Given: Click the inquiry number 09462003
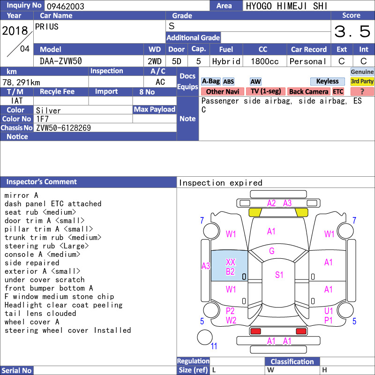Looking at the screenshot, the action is pyautogui.click(x=65, y=6).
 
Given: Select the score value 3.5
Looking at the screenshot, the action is pyautogui.click(x=352, y=31).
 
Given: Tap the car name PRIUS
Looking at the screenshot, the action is pyautogui.click(x=46, y=27).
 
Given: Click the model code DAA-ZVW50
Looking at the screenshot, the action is pyautogui.click(x=61, y=61).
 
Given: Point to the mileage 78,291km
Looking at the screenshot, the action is pyautogui.click(x=21, y=82).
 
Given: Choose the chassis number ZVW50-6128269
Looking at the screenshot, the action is pyautogui.click(x=63, y=128).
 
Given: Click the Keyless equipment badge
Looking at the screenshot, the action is pyautogui.click(x=327, y=81).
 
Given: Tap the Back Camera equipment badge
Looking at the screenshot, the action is pyautogui.click(x=308, y=91).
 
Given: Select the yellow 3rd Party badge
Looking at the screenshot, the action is pyautogui.click(x=362, y=81).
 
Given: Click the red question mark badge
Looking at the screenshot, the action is pyautogui.click(x=362, y=91).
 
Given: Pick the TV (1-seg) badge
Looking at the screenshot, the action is pyautogui.click(x=266, y=91).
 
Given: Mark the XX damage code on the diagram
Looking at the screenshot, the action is pyautogui.click(x=231, y=262).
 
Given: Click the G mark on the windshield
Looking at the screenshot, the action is pyautogui.click(x=272, y=251).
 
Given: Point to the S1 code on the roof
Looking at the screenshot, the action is pyautogui.click(x=279, y=275).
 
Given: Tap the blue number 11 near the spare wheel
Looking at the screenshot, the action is pyautogui.click(x=214, y=346).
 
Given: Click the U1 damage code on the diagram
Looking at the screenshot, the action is pyautogui.click(x=329, y=311).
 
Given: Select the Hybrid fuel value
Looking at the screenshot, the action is pyautogui.click(x=226, y=61).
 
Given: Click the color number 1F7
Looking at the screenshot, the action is pyautogui.click(x=42, y=119).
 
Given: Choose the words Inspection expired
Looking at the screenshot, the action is pyautogui.click(x=220, y=183).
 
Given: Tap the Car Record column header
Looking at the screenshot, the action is pyautogui.click(x=309, y=50).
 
